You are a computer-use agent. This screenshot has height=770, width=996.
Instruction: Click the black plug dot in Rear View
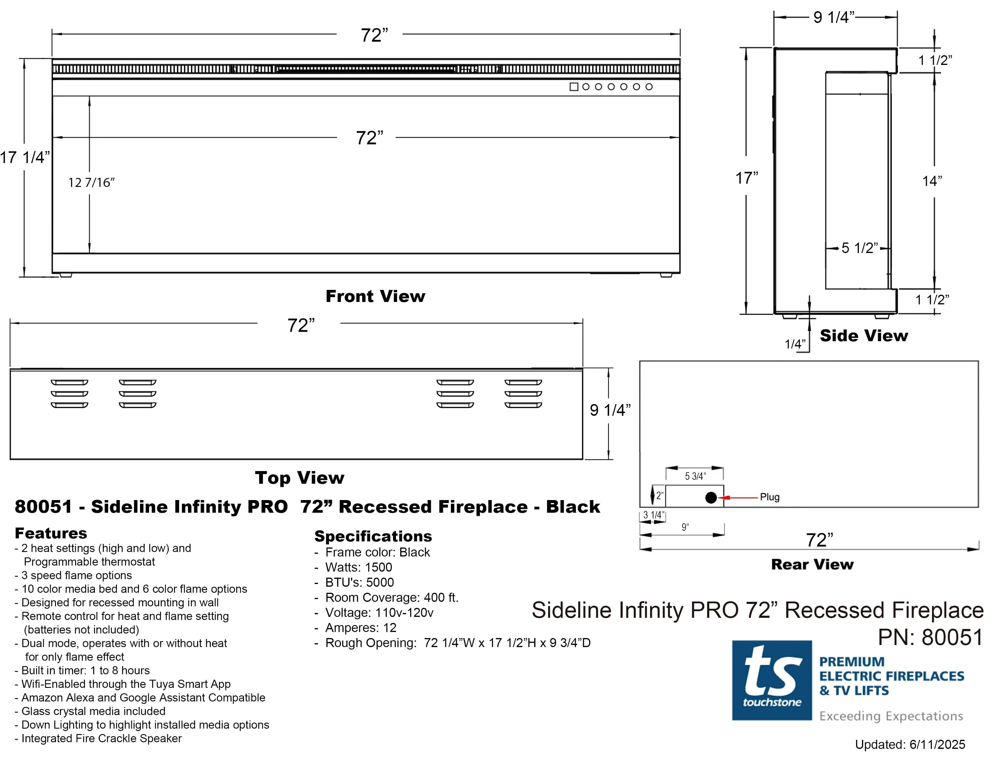710,498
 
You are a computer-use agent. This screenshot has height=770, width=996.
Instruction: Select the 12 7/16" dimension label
91,182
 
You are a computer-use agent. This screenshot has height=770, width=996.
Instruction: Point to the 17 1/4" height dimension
25,157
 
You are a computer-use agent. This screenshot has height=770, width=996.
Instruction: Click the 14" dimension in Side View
932,181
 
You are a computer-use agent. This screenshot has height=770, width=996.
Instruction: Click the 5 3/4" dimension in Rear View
695,476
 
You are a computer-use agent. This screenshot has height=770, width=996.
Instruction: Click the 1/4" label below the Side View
794,344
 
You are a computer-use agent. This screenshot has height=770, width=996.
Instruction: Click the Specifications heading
372,536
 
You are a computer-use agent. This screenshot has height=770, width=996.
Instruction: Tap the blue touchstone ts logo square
772,680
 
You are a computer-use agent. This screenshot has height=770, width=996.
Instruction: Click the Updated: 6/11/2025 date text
910,744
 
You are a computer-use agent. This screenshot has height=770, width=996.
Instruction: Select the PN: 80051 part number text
930,637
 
